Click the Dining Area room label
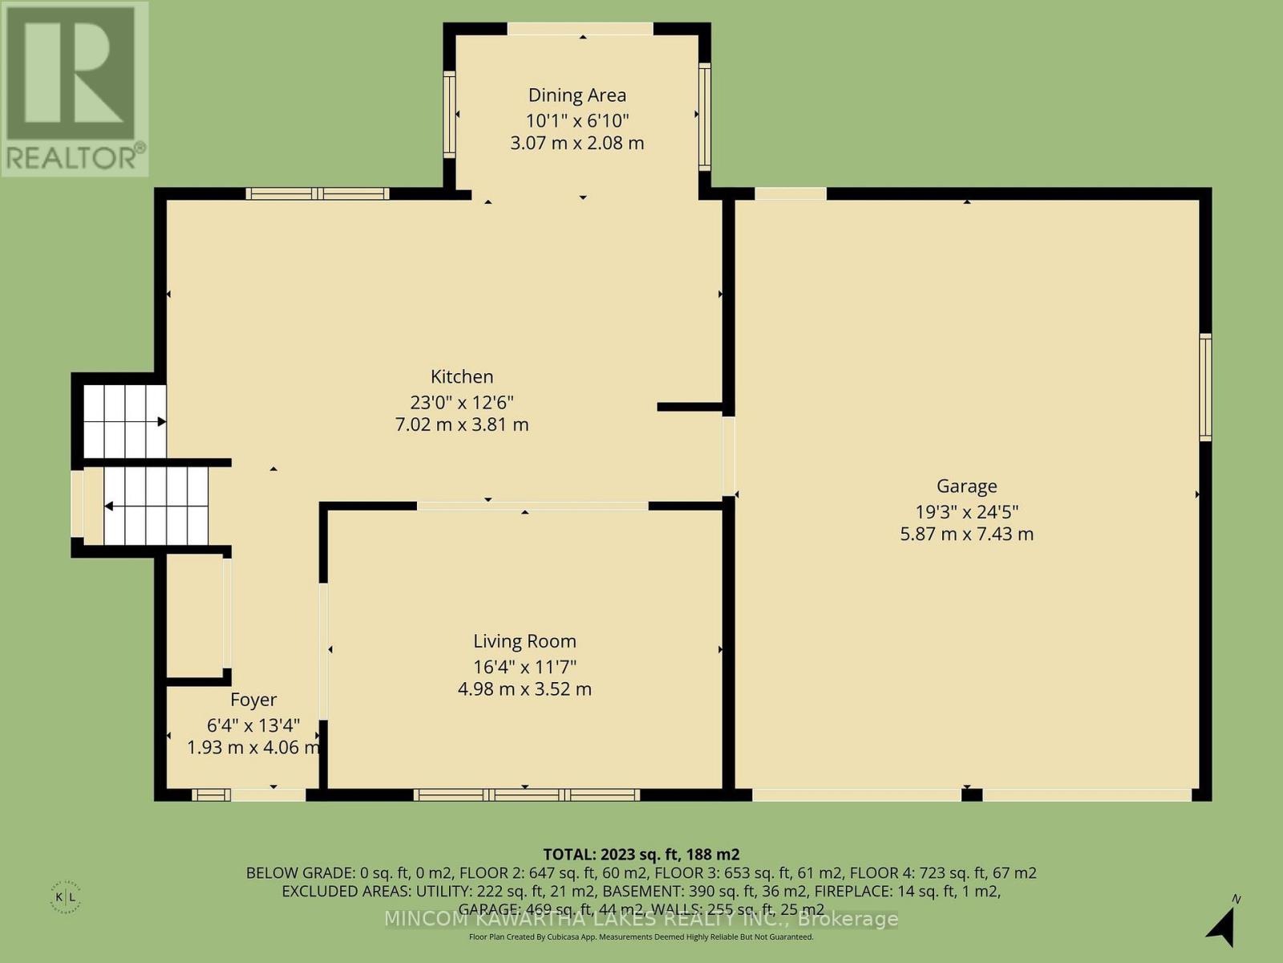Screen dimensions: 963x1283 [577, 95]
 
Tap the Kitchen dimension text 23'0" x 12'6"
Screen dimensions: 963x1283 [461, 401]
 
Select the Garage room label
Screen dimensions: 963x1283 [966, 486]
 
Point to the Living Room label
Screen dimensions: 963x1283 [524, 641]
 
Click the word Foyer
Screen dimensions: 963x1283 [253, 700]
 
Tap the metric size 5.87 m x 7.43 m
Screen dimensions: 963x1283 [966, 534]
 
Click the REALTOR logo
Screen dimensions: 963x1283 [74, 88]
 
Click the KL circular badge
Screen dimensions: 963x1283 [71, 896]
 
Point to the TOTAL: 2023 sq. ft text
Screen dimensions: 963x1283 [641, 854]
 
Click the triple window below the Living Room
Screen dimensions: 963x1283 [526, 795]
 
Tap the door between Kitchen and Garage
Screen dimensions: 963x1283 [728, 455]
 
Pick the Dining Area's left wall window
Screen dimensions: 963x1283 [450, 115]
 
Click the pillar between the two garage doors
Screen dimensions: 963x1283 [972, 795]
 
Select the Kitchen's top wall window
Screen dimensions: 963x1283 [318, 193]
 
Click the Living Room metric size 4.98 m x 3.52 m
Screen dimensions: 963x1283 [524, 689]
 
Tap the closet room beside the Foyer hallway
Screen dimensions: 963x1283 [195, 614]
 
